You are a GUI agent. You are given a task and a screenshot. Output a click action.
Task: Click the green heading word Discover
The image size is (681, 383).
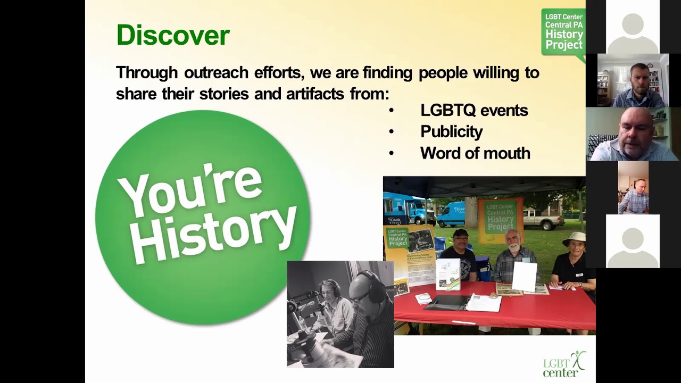173,36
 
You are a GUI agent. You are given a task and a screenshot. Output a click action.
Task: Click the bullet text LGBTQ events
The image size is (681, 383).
474,111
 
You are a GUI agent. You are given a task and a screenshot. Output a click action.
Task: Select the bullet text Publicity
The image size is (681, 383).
451,132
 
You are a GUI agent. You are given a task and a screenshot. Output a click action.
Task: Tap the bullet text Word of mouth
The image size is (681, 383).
475,153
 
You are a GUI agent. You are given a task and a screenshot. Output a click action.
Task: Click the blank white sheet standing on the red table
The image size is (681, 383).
524,276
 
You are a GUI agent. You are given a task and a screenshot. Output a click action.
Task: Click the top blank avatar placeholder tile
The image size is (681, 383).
633,27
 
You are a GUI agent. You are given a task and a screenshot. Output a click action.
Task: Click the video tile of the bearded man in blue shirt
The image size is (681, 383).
633,80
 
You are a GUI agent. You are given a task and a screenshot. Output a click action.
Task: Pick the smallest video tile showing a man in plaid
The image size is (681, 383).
633,188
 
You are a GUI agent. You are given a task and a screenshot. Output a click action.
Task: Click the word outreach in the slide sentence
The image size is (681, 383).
215,72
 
